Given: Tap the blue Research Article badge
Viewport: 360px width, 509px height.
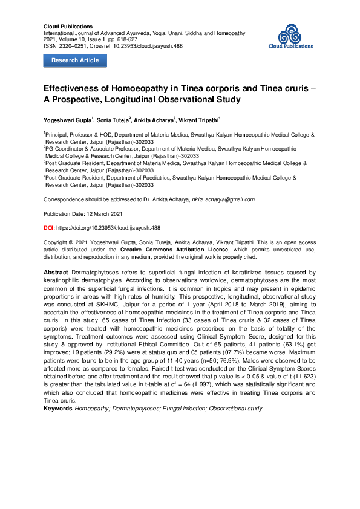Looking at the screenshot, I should pyautogui.click(x=75, y=60).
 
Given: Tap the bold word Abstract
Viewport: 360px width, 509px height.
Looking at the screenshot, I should pyautogui.click(x=56, y=273).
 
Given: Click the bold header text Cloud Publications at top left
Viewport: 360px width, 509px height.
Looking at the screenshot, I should pyautogui.click(x=68, y=27).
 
